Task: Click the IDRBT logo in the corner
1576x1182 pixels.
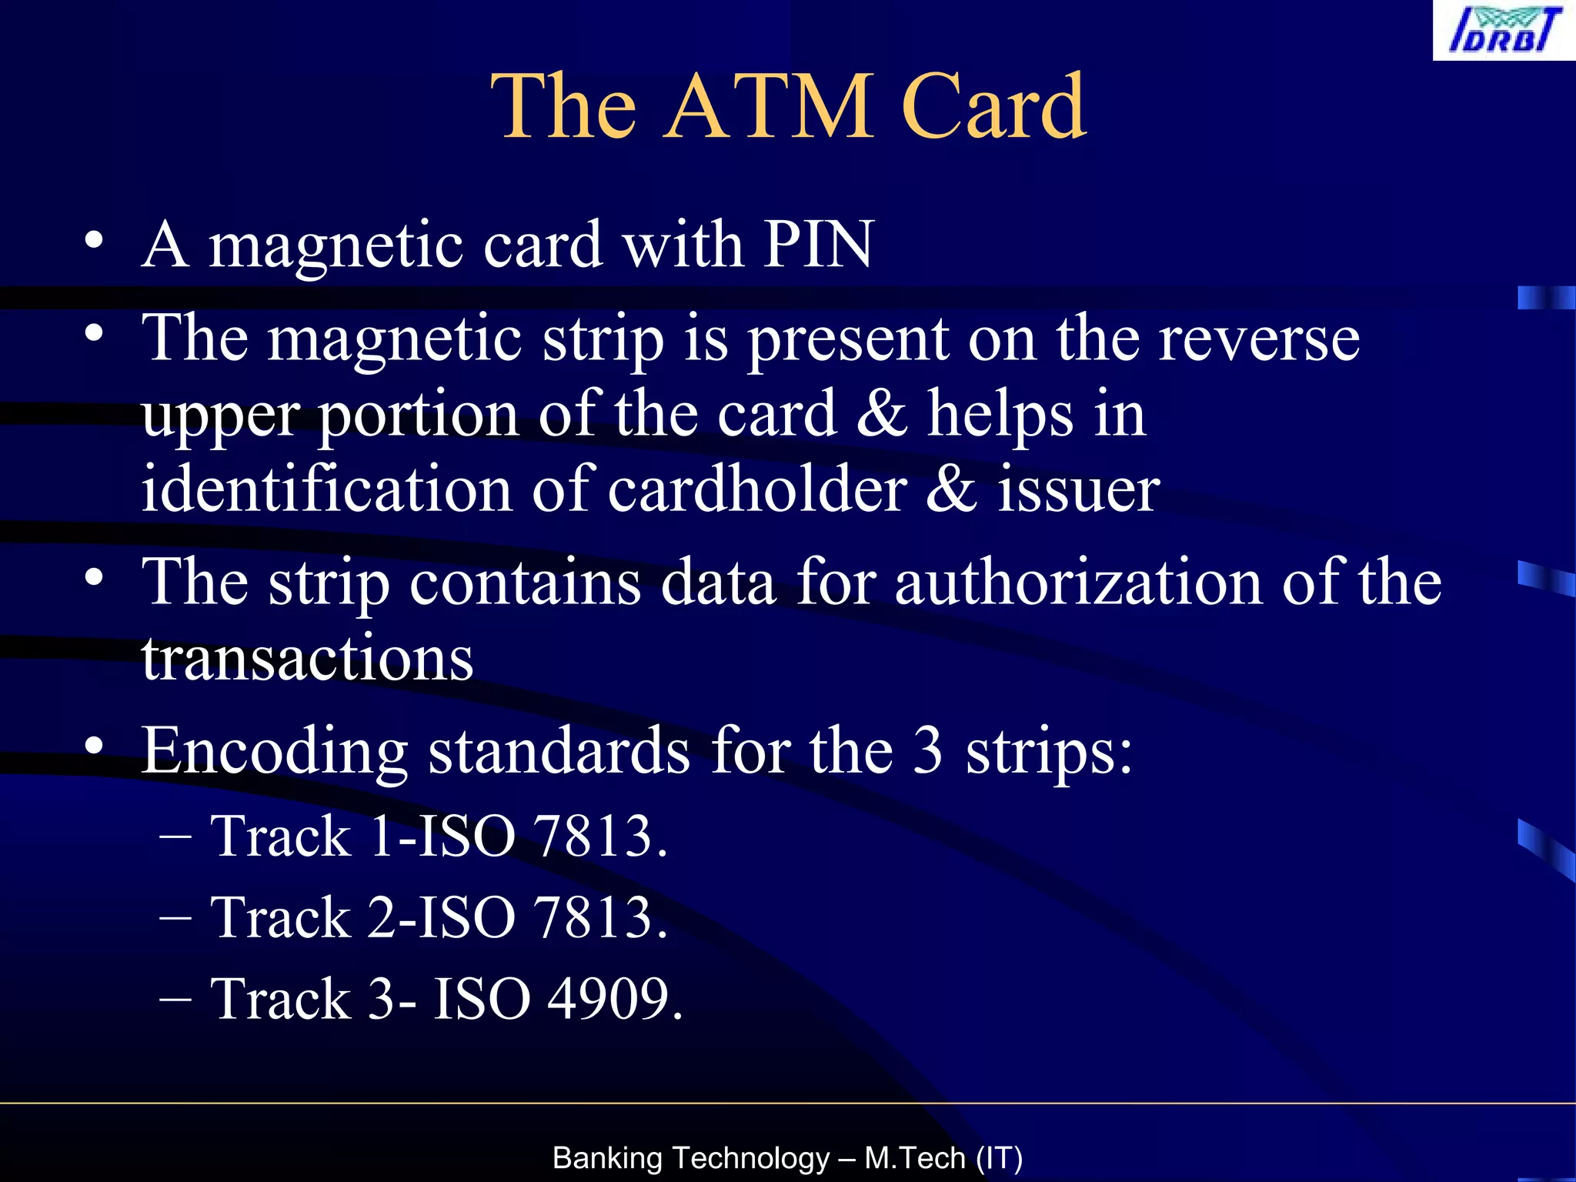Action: [1504, 30]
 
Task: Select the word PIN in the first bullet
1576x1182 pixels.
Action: [819, 245]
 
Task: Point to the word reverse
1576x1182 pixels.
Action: [1259, 339]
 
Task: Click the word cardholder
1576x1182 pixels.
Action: [757, 489]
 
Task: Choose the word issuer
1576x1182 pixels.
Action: [1078, 489]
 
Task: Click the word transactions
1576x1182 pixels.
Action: [307, 659]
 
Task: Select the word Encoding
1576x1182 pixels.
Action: [274, 751]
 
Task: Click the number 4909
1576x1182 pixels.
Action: [614, 999]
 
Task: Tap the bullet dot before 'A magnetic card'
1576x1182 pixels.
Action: [93, 240]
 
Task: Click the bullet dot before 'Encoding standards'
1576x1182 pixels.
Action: [93, 746]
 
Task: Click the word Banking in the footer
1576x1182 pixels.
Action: [607, 1158]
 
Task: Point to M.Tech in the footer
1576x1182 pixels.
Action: [915, 1158]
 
